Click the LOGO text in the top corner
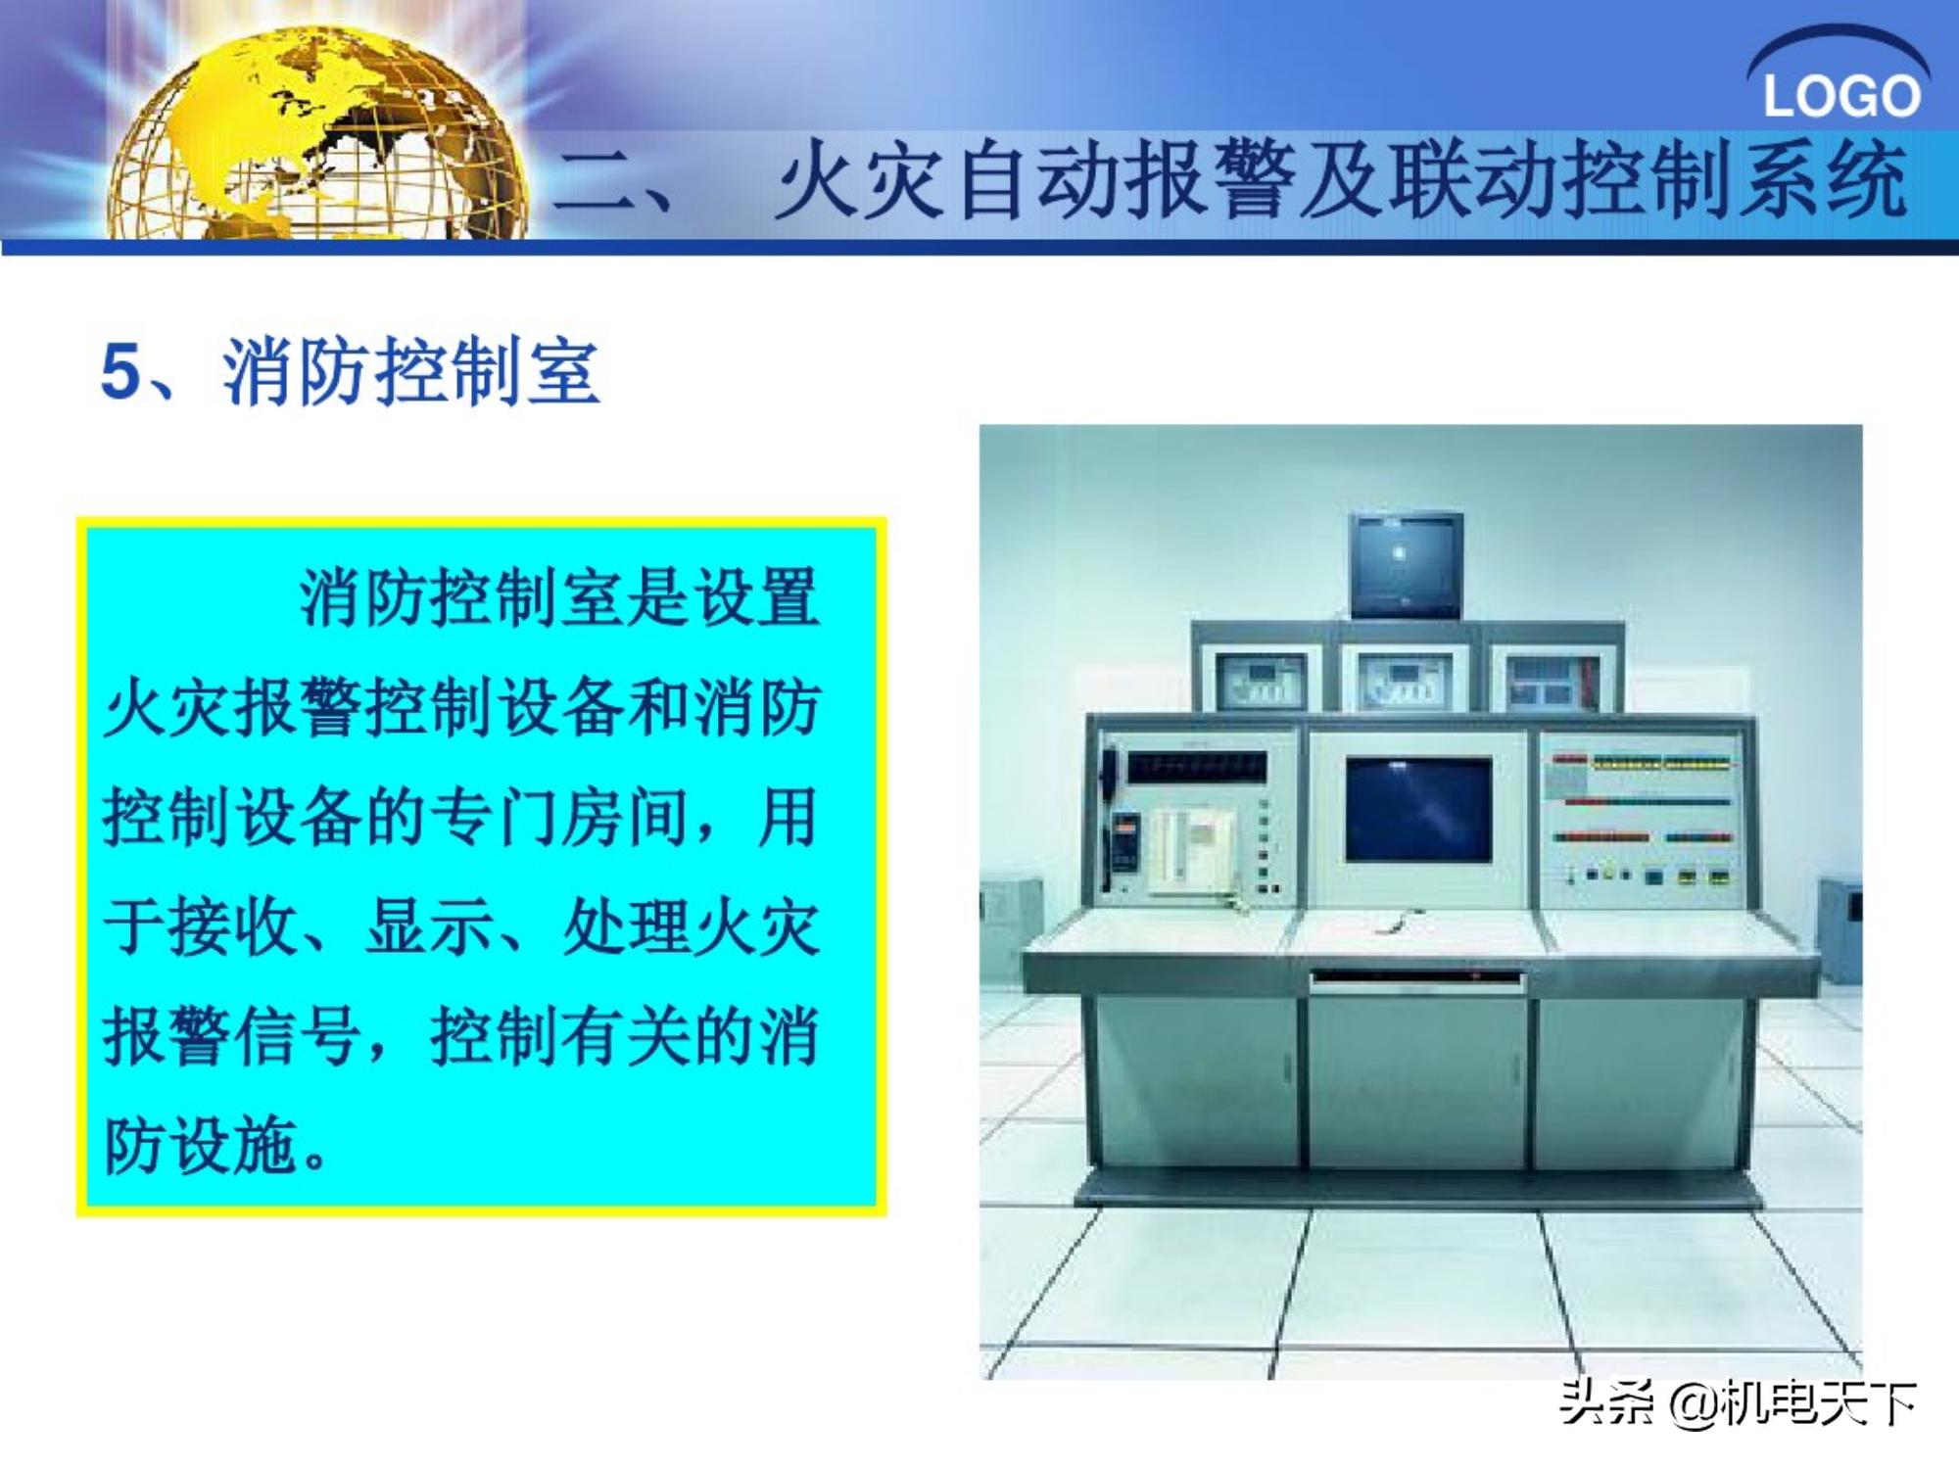point(1840,96)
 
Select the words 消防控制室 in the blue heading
point(411,372)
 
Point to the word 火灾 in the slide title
point(862,181)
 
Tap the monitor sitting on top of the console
point(1407,564)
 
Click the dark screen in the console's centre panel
point(1418,808)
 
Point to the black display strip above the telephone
point(1196,766)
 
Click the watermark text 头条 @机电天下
point(1738,1404)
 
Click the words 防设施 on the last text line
point(201,1146)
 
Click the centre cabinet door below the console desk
point(1418,1082)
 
